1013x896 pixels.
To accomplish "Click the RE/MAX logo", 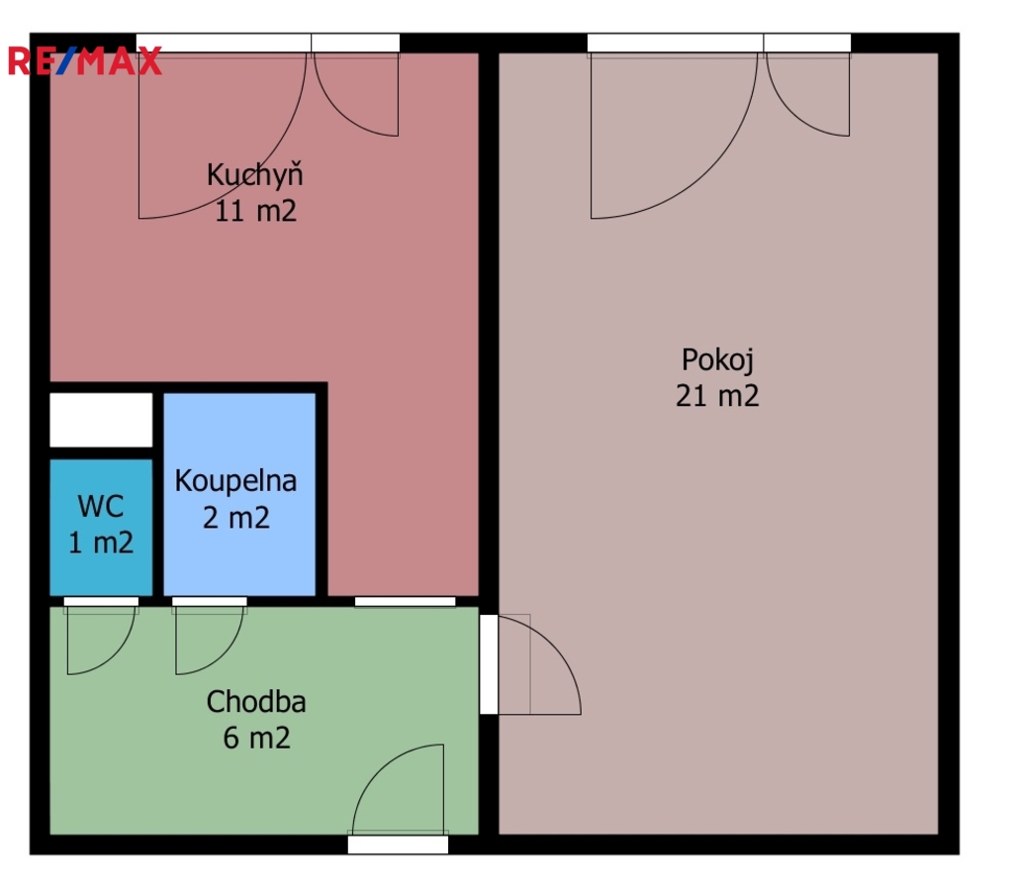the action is point(85,61).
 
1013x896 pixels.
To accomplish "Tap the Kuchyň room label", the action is point(254,176).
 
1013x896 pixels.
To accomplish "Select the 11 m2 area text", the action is point(255,212).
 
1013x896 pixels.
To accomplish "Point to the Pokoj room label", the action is point(717,360).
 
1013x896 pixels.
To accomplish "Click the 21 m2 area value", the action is point(717,396).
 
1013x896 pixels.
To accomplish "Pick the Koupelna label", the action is point(235,481).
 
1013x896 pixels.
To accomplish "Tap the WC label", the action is point(101,506).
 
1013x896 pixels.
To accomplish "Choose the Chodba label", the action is point(256,702).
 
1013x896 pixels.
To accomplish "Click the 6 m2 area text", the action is point(256,738).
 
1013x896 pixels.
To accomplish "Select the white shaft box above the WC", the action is point(102,420).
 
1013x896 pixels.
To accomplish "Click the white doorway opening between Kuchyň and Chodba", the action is point(405,602).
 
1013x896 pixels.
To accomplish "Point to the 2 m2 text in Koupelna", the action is point(236,518).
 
